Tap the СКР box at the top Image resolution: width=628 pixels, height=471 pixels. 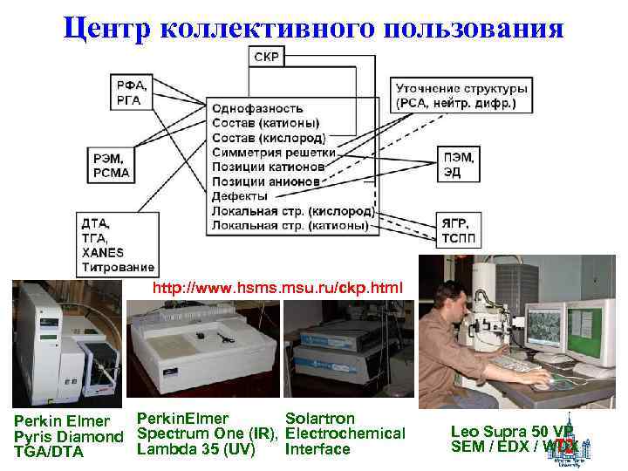pyautogui.click(x=267, y=57)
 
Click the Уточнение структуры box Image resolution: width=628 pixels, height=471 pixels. pyautogui.click(x=461, y=96)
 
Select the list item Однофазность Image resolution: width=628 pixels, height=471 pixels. pyautogui.click(x=257, y=109)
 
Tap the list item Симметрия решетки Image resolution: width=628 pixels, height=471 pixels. pyautogui.click(x=268, y=153)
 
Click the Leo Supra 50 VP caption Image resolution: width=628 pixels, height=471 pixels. pyautogui.click(x=511, y=432)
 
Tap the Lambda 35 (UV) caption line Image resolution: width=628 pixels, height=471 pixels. pyautogui.click(x=195, y=449)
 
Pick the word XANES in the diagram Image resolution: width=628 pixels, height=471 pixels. pyautogui.click(x=103, y=252)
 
